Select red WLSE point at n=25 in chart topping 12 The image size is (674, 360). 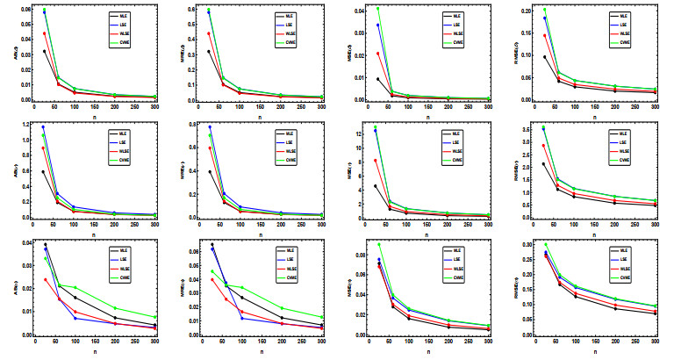376,160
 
